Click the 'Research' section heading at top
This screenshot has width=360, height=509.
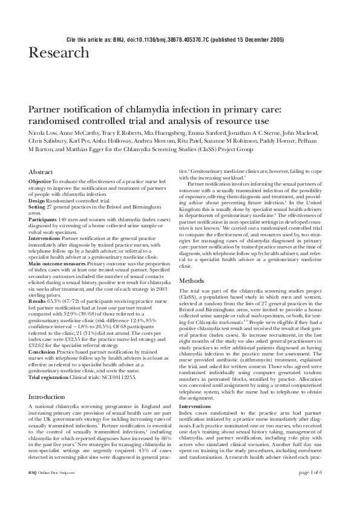click(58, 53)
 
